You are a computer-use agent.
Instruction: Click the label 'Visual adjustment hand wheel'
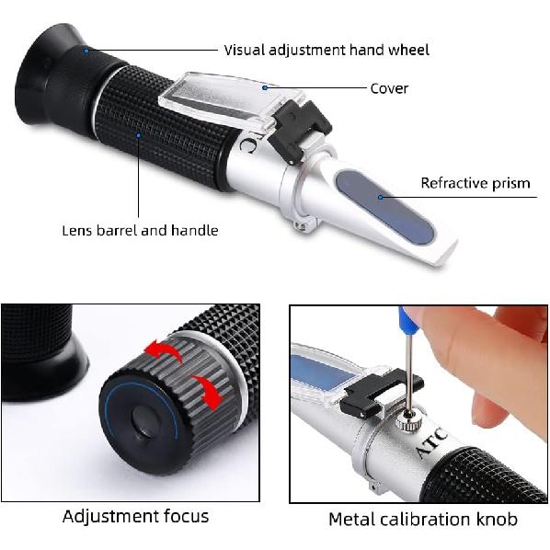pyautogui.click(x=327, y=50)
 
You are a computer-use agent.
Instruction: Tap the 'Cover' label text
pyautogui.click(x=389, y=88)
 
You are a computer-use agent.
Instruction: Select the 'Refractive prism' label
pyautogui.click(x=476, y=183)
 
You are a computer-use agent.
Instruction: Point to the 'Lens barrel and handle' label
pyautogui.click(x=140, y=230)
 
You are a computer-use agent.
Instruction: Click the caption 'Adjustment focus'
pyautogui.click(x=135, y=516)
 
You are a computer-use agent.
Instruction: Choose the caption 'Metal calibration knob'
pyautogui.click(x=422, y=520)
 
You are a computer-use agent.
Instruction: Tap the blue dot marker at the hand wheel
pyautogui.click(x=86, y=51)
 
